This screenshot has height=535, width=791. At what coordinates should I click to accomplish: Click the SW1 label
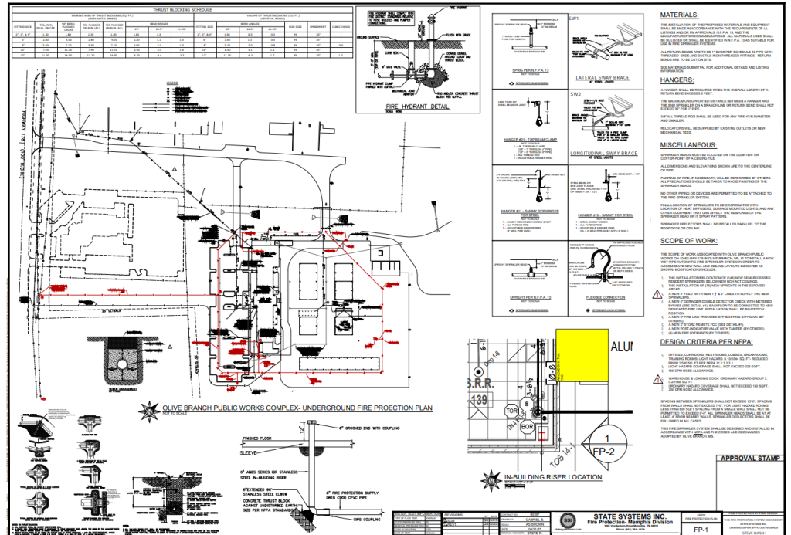(x=574, y=17)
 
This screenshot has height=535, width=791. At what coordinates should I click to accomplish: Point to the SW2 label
(x=574, y=93)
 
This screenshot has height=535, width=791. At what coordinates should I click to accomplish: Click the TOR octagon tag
(x=511, y=411)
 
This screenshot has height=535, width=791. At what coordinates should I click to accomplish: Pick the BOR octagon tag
(x=528, y=426)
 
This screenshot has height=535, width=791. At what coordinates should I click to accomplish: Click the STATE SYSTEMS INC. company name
(x=626, y=515)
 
